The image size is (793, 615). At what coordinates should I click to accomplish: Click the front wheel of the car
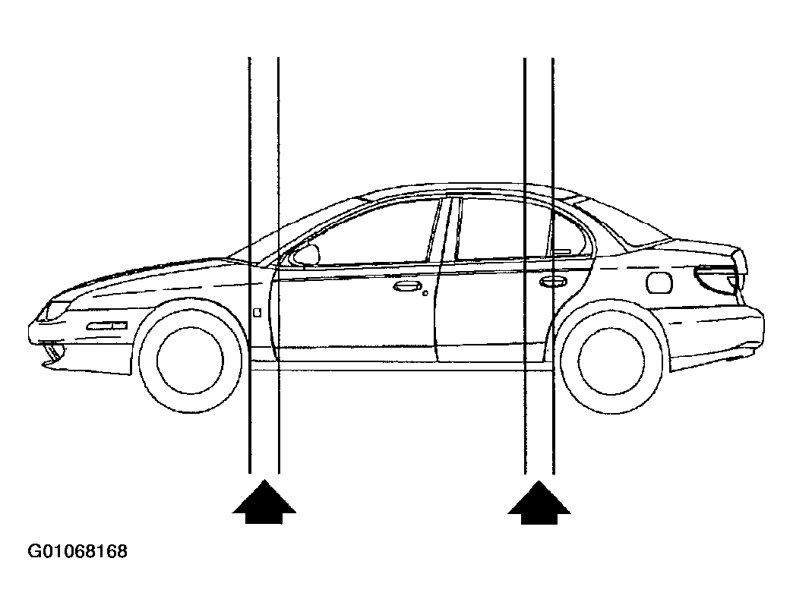190,361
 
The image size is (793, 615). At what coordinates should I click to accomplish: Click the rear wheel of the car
611,362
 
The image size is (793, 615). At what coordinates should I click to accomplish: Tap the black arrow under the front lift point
264,502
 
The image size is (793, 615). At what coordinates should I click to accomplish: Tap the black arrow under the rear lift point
539,503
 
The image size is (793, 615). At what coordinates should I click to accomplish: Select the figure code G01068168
77,550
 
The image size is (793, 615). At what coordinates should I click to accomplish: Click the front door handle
408,286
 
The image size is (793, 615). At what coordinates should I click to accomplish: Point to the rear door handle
553,282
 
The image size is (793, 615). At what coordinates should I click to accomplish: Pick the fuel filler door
659,283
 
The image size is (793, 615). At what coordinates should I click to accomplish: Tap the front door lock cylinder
425,293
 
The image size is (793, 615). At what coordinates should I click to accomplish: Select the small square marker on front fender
257,312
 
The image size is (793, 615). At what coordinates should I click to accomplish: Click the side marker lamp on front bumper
106,326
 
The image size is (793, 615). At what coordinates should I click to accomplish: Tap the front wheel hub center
190,361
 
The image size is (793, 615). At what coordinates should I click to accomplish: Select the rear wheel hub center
611,362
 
